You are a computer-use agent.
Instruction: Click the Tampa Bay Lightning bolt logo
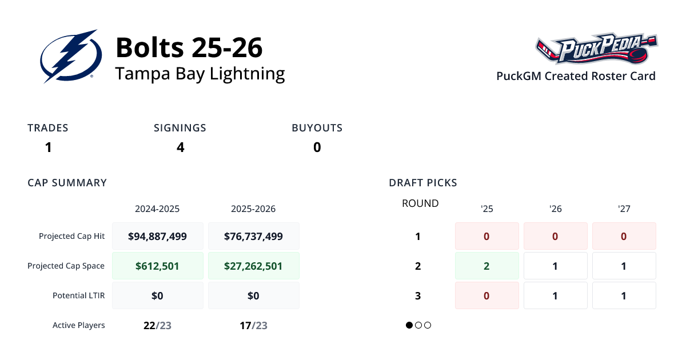[x=71, y=57]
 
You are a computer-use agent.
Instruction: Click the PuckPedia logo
[x=596, y=50]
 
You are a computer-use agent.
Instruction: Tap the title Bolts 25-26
[x=189, y=47]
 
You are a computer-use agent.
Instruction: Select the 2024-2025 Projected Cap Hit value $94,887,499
[x=157, y=236]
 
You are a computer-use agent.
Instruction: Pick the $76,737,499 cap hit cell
[x=253, y=236]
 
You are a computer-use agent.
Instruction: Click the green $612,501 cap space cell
[x=157, y=266]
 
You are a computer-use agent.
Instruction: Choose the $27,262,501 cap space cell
[x=253, y=266]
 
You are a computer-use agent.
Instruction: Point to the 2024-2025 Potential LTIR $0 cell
[x=157, y=295]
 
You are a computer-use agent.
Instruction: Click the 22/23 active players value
[x=157, y=325]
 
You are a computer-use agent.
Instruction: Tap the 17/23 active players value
[x=253, y=325]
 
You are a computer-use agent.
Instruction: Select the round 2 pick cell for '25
[x=486, y=266]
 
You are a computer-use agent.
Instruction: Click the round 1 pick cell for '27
[x=624, y=236]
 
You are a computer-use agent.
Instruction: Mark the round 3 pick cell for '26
[x=555, y=295]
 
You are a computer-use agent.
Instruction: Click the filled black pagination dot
[x=409, y=325]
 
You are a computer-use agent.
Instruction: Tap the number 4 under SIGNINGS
[x=180, y=147]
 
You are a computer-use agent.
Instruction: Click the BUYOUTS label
[x=317, y=128]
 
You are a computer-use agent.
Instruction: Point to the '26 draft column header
[x=555, y=209]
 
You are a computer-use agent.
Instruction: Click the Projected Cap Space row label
[x=66, y=266]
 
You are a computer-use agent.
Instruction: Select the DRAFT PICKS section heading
[x=422, y=183]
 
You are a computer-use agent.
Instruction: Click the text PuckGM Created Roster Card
[x=576, y=76]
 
